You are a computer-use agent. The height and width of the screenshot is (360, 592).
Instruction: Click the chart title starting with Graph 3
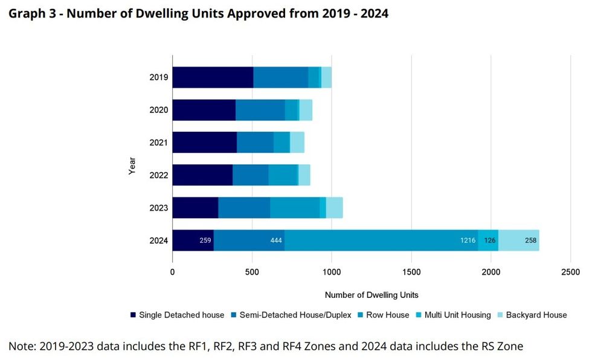tap(198, 13)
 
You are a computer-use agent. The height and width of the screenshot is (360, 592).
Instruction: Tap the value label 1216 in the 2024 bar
tap(468, 240)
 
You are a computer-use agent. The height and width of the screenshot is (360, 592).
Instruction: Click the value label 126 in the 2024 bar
tap(489, 240)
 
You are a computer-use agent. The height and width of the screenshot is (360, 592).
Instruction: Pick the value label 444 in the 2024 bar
tap(276, 240)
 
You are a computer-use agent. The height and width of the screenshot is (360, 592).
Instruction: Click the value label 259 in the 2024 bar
tap(205, 240)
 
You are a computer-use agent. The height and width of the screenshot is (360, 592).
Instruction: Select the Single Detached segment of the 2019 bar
tap(213, 77)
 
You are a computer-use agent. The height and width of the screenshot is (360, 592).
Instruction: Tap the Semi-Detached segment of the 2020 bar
tap(260, 110)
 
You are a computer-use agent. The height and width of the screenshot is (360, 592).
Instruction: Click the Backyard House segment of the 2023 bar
tap(334, 208)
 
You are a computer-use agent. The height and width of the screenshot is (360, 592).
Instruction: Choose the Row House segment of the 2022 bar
tap(283, 175)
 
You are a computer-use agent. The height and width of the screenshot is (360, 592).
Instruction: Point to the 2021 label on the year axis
tap(158, 143)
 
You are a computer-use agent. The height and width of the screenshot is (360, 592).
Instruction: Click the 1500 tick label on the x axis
tap(411, 272)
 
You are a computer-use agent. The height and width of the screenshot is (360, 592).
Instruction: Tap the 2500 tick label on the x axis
tap(570, 272)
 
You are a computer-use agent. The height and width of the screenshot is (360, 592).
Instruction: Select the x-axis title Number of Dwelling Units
tap(372, 295)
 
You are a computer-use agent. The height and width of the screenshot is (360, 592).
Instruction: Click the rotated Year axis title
tap(132, 166)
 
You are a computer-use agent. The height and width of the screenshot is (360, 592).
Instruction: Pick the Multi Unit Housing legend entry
tap(452, 315)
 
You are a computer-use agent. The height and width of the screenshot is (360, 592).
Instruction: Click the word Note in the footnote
tap(21, 346)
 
